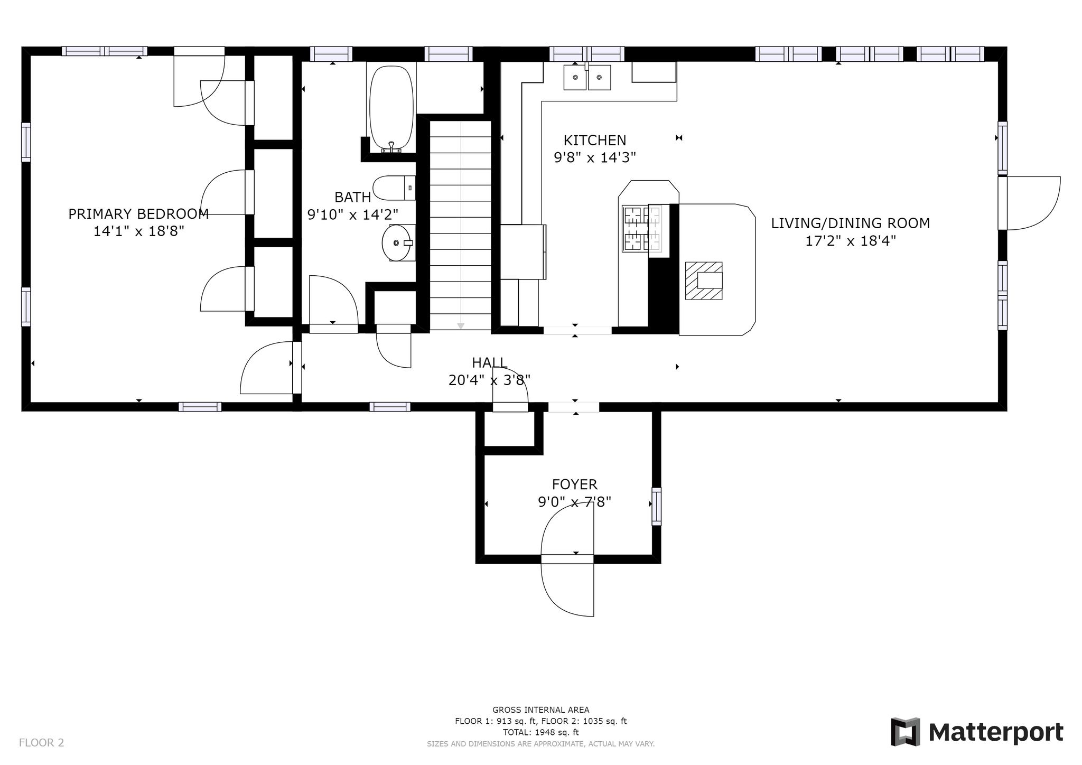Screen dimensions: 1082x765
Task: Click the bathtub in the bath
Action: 391,108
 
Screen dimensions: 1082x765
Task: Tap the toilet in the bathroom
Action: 394,188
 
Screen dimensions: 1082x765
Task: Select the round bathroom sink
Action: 396,242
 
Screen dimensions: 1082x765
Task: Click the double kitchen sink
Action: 587,77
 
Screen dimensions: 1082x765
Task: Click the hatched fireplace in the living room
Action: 704,281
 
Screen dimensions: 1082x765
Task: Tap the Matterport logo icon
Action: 906,732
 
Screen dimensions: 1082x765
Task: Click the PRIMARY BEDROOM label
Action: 138,214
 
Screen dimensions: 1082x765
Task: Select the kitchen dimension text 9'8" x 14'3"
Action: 594,157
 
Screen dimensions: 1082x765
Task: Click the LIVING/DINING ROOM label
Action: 850,223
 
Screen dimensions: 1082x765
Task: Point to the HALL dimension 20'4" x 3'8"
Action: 489,380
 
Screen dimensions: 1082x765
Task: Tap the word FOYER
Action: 574,484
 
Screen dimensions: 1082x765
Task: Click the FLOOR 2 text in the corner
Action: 41,743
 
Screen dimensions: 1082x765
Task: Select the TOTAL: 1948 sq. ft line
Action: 540,732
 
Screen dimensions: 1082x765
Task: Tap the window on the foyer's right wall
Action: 656,506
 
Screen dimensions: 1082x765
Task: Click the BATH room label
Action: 352,198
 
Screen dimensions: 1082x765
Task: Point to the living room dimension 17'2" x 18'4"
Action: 850,241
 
